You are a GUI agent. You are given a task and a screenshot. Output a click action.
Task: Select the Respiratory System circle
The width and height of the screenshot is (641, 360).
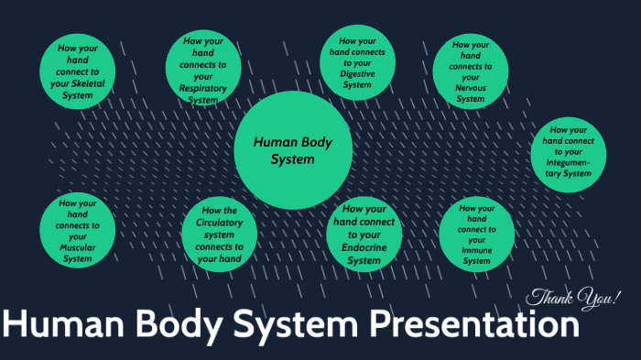click(x=201, y=71)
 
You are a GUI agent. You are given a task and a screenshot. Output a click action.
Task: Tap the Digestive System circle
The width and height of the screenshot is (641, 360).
click(x=357, y=63)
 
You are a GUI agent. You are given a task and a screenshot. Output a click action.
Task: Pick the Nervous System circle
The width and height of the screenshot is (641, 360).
click(x=471, y=71)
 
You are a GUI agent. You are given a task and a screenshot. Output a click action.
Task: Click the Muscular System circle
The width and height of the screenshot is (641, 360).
click(x=77, y=231)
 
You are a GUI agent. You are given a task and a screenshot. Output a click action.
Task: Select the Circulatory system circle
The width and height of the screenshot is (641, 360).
click(x=219, y=234)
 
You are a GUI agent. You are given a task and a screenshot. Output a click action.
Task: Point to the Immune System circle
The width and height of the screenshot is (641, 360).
click(x=476, y=235)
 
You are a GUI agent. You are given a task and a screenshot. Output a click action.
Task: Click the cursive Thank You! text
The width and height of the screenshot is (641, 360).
click(x=573, y=298)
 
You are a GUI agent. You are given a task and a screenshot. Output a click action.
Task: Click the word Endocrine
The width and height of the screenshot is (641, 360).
click(x=364, y=247)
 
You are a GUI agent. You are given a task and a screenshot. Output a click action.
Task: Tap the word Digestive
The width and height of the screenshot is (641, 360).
click(x=357, y=74)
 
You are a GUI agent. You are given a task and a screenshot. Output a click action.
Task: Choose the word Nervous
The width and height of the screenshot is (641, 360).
click(x=471, y=88)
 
